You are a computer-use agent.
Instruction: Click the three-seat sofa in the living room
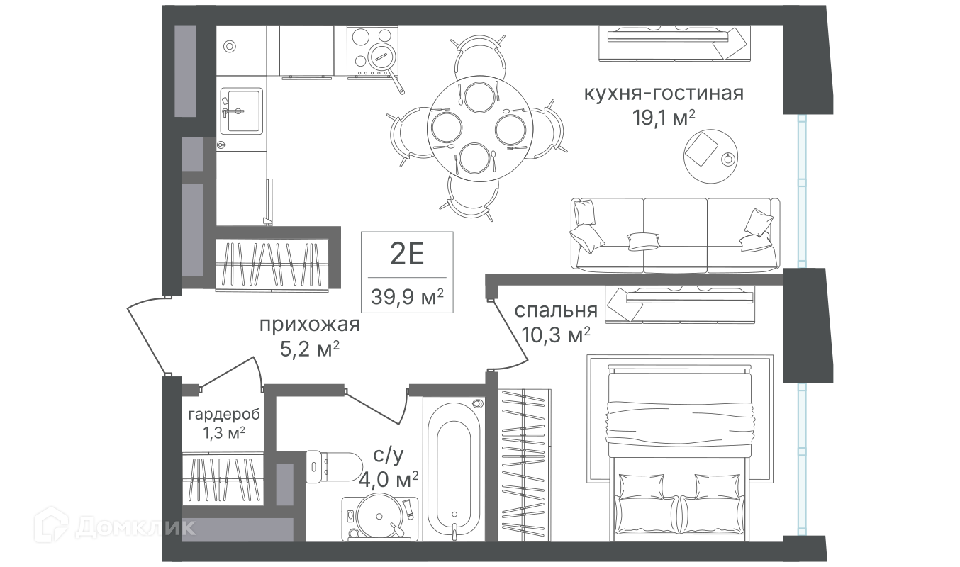click(675, 235)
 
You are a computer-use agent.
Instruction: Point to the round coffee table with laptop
click(710, 157)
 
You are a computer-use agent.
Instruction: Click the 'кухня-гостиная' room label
click(664, 93)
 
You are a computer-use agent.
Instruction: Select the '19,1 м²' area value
click(664, 118)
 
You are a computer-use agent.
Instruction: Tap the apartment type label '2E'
click(407, 253)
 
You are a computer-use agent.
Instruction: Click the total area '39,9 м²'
click(407, 296)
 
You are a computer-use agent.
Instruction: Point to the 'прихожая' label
click(309, 325)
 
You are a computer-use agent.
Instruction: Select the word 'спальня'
click(556, 310)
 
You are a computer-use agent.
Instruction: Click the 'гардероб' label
click(224, 415)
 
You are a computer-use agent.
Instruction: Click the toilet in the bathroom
click(334, 467)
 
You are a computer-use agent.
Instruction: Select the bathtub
click(454, 468)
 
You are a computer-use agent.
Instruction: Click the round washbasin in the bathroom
click(379, 517)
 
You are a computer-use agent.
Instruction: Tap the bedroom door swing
click(510, 335)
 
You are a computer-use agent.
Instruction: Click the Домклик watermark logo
click(115, 527)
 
